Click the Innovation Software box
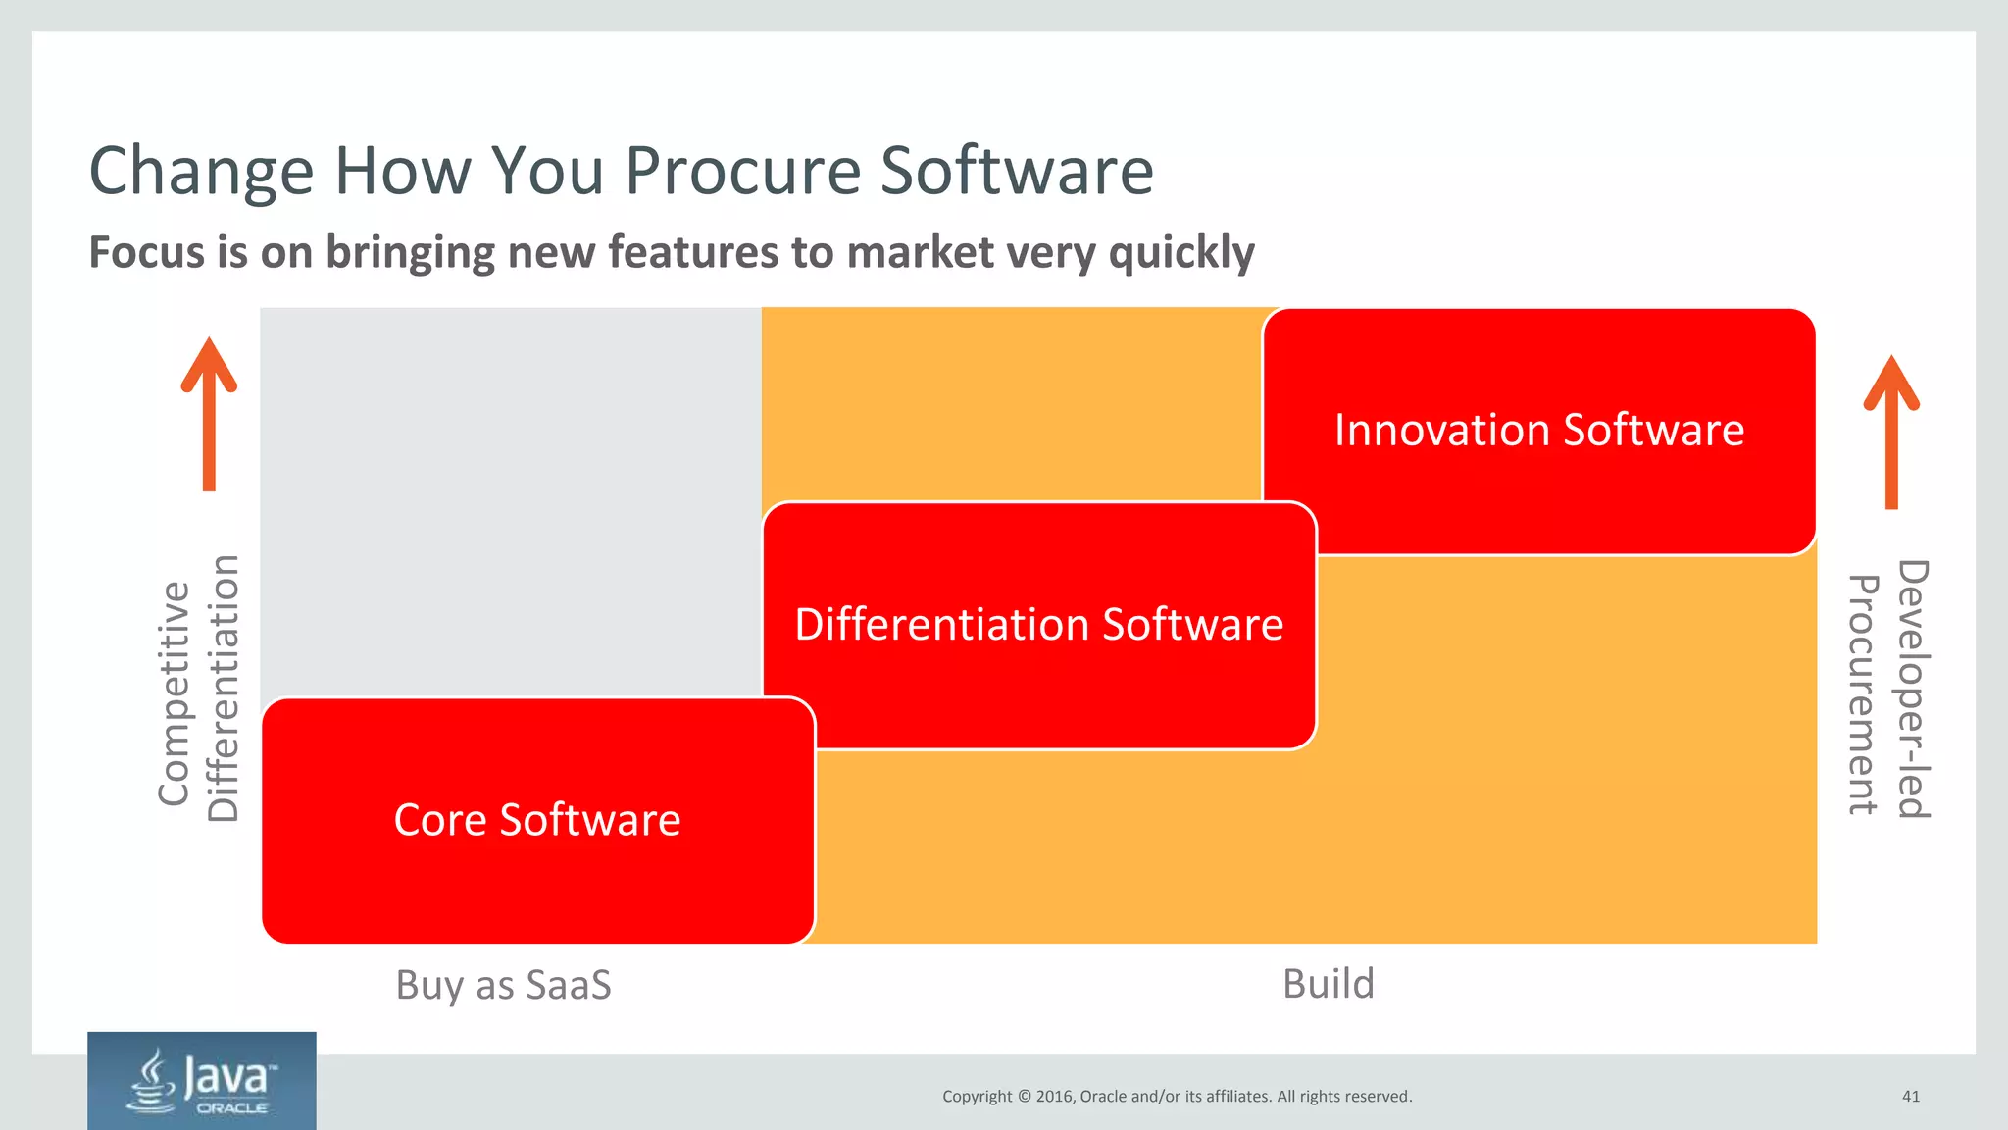pos(1539,432)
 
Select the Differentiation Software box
pos(1039,625)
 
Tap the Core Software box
pos(537,820)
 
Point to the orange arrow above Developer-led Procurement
pos(1891,432)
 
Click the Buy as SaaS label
pos(503,985)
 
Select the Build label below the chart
pos(1329,984)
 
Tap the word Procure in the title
pos(743,172)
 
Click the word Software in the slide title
pos(1017,172)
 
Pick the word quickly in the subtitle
pos(1181,253)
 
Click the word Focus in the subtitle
pos(147,253)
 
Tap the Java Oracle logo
pos(202,1080)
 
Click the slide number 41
pos(1911,1097)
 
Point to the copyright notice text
pos(1177,1097)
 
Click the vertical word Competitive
pos(175,693)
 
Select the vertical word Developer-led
pos(1913,689)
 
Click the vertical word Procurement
pos(1863,694)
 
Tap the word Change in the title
pos(201,172)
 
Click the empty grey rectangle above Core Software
pos(510,500)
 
